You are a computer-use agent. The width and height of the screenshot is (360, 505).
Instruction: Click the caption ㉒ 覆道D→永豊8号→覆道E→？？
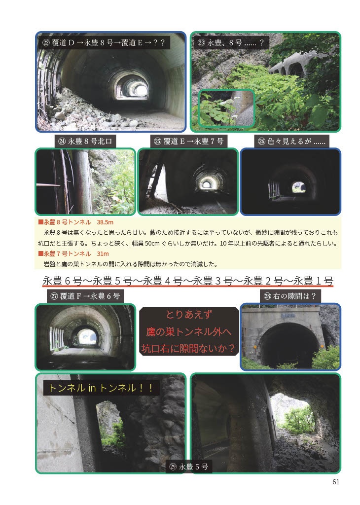[104, 43]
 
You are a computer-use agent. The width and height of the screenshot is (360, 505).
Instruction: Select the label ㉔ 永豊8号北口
[85, 141]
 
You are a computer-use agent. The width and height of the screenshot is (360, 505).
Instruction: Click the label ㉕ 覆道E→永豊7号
[189, 141]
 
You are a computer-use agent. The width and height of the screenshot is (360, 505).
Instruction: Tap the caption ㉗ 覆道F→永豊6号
[85, 296]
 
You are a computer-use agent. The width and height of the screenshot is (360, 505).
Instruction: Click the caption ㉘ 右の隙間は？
[289, 296]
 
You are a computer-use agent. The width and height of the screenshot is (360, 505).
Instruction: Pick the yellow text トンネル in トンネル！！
[102, 388]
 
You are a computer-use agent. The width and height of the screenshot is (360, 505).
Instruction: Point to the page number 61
[336, 482]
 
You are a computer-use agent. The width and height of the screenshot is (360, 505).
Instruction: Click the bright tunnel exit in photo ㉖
[298, 187]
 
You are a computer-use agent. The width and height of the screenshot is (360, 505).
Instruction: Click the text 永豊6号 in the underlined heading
[62, 281]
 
